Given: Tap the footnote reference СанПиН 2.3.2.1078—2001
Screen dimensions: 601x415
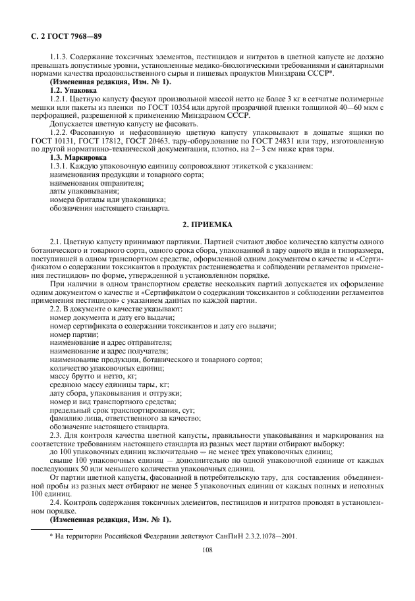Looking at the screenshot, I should point(256,536).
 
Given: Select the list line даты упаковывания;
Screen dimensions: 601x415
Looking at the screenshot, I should point(75,191).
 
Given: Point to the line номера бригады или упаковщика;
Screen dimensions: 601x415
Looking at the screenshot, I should point(107,199).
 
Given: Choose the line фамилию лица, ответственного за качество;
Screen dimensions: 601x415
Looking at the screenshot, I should point(125,418).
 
